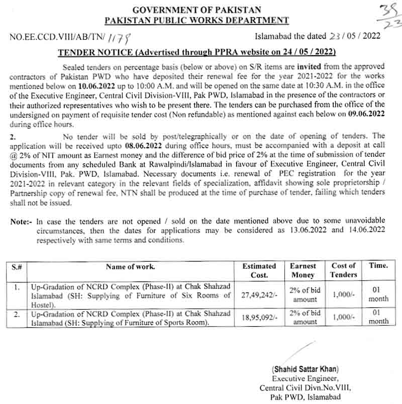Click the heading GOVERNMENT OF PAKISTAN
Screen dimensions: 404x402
click(196, 10)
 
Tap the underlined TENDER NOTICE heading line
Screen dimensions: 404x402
click(196, 52)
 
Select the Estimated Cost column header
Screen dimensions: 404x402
click(259, 270)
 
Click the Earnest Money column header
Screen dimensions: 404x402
click(304, 270)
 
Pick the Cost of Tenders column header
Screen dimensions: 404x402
click(343, 270)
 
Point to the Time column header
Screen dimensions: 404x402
click(378, 266)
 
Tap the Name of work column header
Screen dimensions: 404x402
click(131, 266)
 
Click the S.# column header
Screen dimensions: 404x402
click(17, 266)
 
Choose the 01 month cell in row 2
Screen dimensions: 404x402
click(378, 317)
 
